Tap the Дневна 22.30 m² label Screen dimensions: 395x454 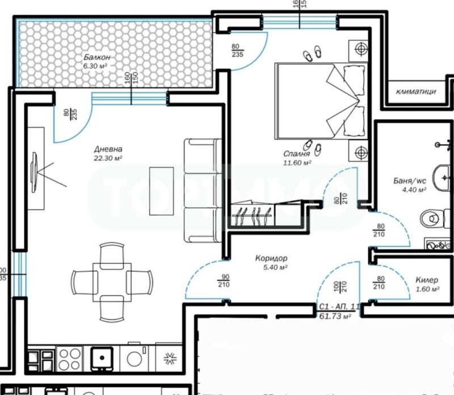point(108,154)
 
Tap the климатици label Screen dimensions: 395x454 point(417,91)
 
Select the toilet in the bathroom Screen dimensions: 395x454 point(432,217)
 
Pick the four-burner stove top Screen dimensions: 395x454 point(69,358)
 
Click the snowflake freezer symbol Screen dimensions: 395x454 point(169,358)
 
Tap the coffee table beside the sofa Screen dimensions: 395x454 point(161,191)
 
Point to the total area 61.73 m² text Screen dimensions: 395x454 point(335,316)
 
